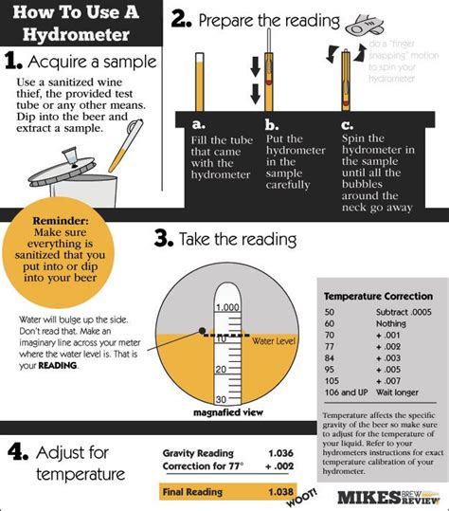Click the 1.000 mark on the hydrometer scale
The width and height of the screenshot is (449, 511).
(x=227, y=307)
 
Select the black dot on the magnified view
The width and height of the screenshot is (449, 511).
(x=203, y=331)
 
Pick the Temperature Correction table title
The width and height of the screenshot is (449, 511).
(x=376, y=295)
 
